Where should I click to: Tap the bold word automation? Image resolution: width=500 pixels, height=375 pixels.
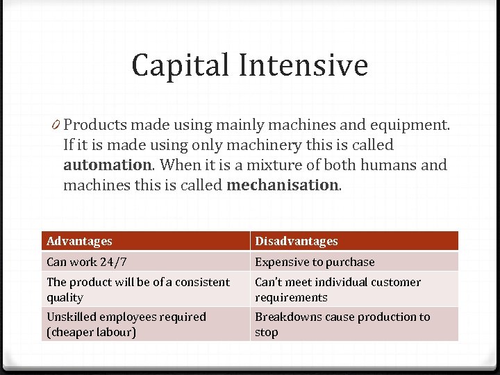point(107,166)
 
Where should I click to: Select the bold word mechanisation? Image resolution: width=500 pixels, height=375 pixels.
point(281,185)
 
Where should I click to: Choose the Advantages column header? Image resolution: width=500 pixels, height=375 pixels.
point(79,241)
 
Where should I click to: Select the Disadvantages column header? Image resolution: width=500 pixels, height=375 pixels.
point(297,241)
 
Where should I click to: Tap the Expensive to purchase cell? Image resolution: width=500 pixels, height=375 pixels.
point(315,262)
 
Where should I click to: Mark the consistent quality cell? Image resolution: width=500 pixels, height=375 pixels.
point(137,290)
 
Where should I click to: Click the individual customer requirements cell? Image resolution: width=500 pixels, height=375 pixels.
point(337,290)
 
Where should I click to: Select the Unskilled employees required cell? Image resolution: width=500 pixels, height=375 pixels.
point(126,324)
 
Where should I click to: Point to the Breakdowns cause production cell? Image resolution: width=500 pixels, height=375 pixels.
point(342,324)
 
